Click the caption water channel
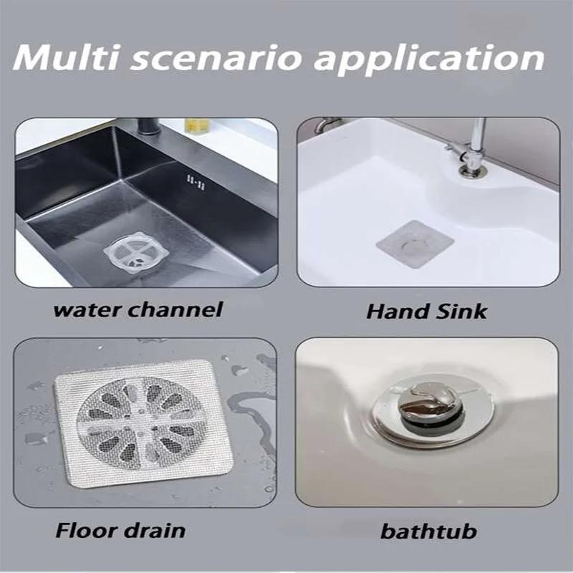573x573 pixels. [138, 309]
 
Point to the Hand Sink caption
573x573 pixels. [427, 311]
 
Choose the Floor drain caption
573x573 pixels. [120, 530]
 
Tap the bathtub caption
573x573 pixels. [428, 531]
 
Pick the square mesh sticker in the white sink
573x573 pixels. [415, 244]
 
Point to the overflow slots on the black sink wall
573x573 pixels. [193, 183]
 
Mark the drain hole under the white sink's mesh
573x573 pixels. [413, 244]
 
